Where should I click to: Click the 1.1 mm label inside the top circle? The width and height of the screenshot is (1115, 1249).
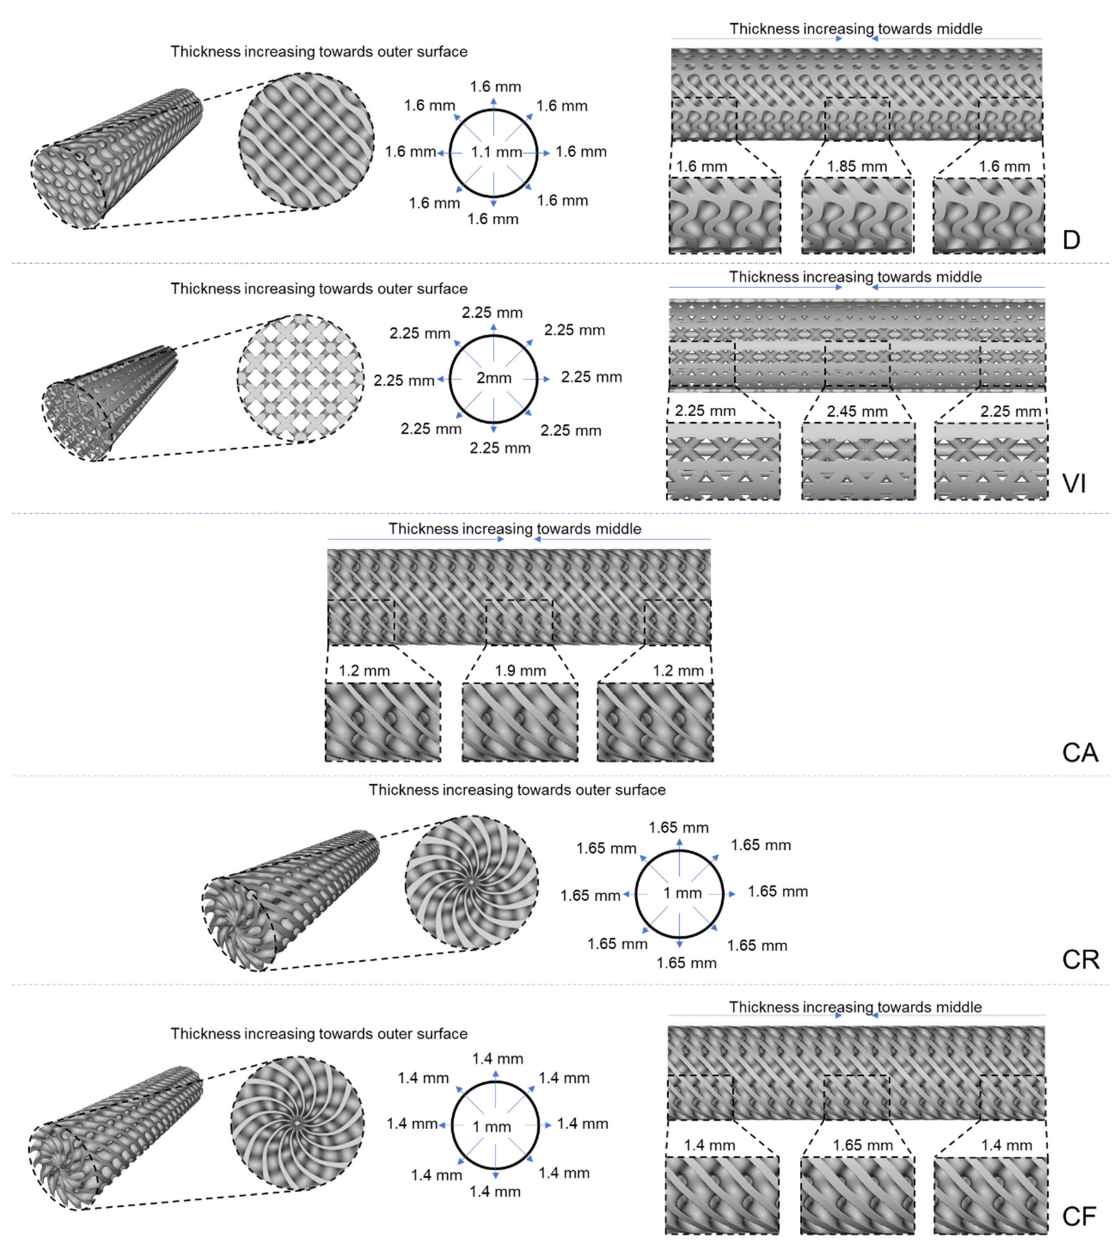(496, 152)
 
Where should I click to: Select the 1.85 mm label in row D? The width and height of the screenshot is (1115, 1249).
(856, 167)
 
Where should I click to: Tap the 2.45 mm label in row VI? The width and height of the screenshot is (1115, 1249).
(856, 412)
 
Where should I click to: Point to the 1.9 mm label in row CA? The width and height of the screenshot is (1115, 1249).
(520, 671)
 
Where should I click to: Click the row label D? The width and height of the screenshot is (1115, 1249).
(1071, 240)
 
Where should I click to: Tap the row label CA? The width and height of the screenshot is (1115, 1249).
(1079, 753)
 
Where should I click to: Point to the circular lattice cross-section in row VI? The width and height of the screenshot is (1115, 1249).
(300, 378)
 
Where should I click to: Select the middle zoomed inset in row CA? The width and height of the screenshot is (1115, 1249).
(520, 722)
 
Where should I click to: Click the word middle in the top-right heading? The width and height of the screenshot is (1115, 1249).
(959, 29)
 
